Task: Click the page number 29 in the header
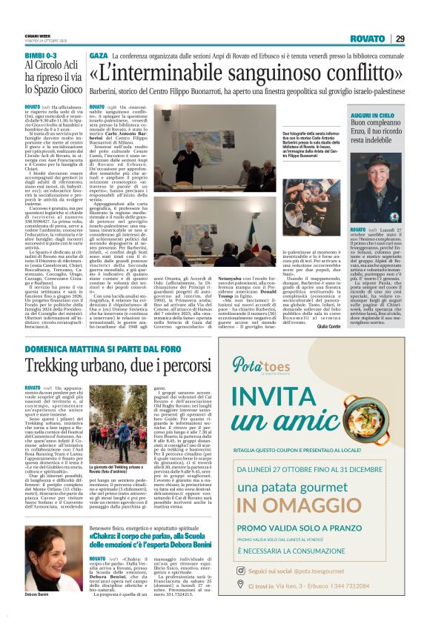point(400,39)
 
